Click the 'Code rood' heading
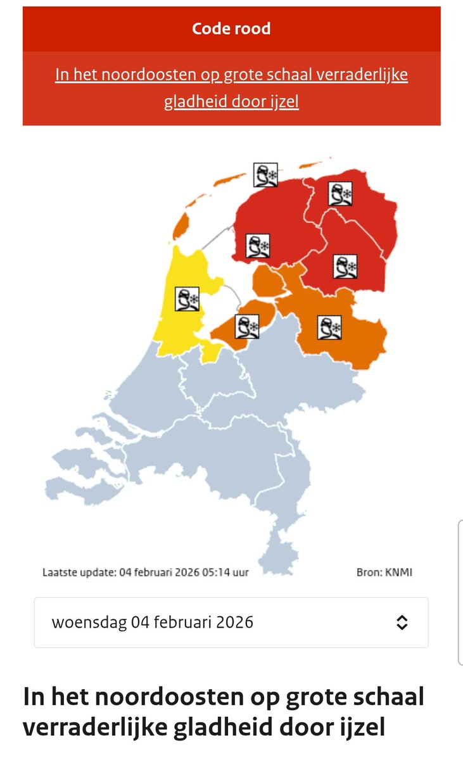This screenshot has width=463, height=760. [231, 29]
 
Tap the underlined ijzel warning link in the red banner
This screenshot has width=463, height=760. [231, 88]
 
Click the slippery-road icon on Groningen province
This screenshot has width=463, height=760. [340, 193]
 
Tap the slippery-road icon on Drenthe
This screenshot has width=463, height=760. [345, 267]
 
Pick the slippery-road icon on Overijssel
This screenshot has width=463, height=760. [331, 328]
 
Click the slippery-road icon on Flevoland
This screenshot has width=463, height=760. [246, 326]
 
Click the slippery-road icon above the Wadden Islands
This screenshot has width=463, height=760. [266, 174]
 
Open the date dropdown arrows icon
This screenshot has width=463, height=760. [402, 623]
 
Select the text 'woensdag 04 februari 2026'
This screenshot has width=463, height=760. [153, 623]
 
